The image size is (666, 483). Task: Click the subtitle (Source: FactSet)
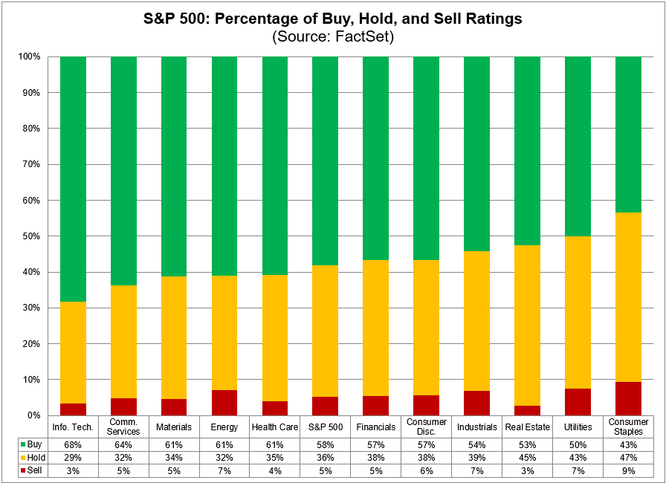point(332,36)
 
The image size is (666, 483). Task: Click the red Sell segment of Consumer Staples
point(628,398)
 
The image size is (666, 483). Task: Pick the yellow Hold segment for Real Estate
point(527,325)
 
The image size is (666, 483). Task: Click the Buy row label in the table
point(29,444)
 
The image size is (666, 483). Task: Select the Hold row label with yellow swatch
point(29,457)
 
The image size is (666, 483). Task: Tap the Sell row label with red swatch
point(29,470)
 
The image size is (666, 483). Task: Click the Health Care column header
point(274,427)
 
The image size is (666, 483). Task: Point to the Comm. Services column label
point(123,427)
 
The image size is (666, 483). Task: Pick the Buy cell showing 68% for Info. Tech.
point(73,444)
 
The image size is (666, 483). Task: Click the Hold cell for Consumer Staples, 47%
point(628,457)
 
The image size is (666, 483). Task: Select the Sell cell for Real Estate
point(527,470)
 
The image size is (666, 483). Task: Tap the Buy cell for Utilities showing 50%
point(578,444)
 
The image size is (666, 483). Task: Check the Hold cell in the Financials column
point(375,457)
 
